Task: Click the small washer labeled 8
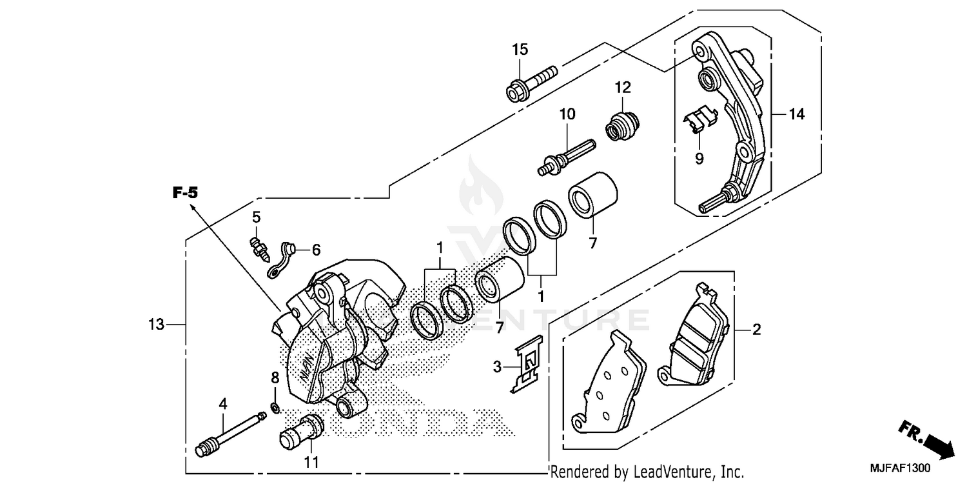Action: (x=275, y=407)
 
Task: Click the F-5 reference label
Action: (x=184, y=192)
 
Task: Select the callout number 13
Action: (x=156, y=325)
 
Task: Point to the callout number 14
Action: (x=797, y=114)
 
